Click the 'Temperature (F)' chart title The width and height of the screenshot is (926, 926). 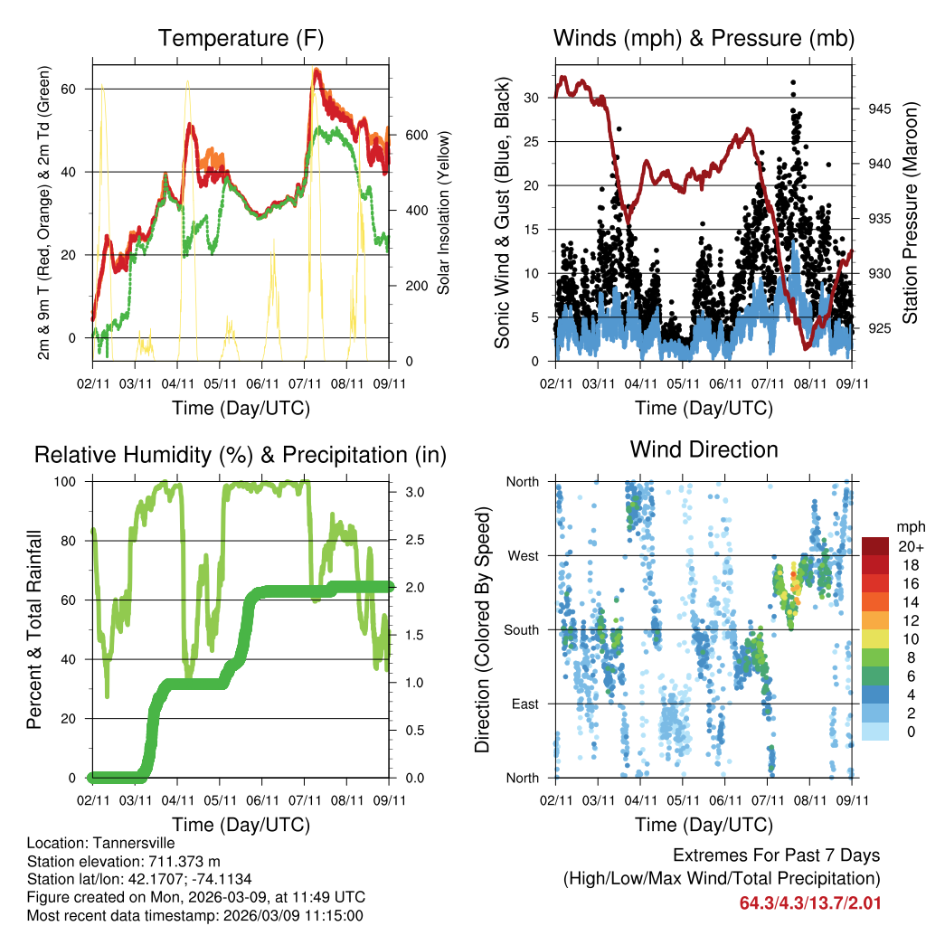click(x=241, y=38)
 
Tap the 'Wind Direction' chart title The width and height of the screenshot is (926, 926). click(x=704, y=449)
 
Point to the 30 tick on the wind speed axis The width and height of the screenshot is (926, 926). click(x=533, y=98)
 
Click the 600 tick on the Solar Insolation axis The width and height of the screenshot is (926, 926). click(x=415, y=135)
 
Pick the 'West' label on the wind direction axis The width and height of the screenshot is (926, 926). click(x=523, y=555)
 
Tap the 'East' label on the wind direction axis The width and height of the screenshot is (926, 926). click(x=524, y=704)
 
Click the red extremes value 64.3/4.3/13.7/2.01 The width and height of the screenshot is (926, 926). click(x=810, y=903)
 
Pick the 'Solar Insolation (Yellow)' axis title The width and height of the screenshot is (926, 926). click(x=443, y=213)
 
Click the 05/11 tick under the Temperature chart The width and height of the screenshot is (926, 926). click(x=220, y=370)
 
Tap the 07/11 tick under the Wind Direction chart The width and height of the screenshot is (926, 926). click(x=769, y=801)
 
